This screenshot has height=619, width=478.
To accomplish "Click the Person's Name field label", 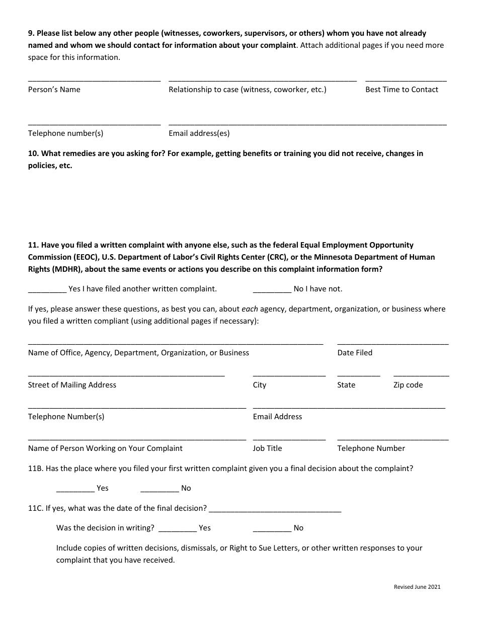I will [x=54, y=90].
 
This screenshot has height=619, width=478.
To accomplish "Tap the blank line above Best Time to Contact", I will [x=406, y=80].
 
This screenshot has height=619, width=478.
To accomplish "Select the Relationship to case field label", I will [x=247, y=90].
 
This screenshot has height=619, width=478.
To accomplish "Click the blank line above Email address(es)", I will [x=307, y=124].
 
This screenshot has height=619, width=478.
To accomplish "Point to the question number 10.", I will [x=33, y=153].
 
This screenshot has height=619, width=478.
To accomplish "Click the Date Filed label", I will [x=355, y=353].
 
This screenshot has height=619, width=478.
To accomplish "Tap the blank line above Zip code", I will [x=421, y=375].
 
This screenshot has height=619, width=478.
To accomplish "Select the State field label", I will [x=346, y=385].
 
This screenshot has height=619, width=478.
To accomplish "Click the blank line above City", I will [x=289, y=375].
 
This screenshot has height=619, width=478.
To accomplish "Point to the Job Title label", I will [x=267, y=448].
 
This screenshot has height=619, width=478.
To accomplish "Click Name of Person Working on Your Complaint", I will [x=105, y=448].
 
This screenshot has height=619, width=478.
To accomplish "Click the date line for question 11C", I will [x=275, y=510].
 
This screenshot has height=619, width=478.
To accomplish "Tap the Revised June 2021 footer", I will [x=417, y=587].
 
